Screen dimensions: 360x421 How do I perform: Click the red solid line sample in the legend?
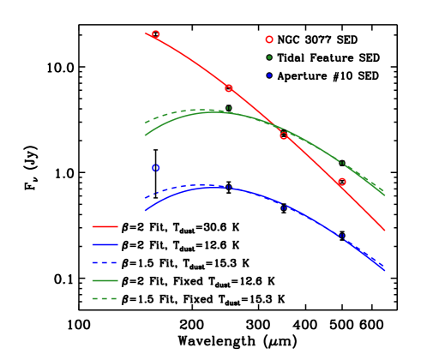[x=105, y=226]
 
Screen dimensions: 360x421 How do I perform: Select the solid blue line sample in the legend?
[x=105, y=244]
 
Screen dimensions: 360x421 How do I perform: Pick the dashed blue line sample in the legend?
[x=105, y=262]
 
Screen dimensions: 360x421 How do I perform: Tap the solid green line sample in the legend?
[x=105, y=280]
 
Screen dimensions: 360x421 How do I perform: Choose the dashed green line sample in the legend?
[x=105, y=298]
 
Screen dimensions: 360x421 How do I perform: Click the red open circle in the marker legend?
[x=269, y=39]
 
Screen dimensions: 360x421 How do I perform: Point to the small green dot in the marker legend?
[x=269, y=57]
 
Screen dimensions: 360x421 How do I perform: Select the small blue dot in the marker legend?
[x=269, y=75]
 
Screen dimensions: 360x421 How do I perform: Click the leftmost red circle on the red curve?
[x=155, y=34]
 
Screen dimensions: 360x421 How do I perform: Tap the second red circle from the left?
[x=229, y=87]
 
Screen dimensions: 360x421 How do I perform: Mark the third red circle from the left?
[x=284, y=135]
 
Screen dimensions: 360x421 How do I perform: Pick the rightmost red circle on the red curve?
[x=341, y=182]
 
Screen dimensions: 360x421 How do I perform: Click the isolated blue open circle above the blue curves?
[x=155, y=168]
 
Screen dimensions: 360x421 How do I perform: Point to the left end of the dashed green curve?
[x=145, y=123]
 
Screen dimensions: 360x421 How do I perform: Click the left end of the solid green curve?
[x=145, y=135]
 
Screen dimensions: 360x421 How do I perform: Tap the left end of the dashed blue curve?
[x=145, y=198]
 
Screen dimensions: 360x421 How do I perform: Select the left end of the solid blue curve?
[x=145, y=210]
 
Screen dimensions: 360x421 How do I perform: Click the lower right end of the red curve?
[x=384, y=230]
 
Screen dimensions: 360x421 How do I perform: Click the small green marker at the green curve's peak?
[x=228, y=109]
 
